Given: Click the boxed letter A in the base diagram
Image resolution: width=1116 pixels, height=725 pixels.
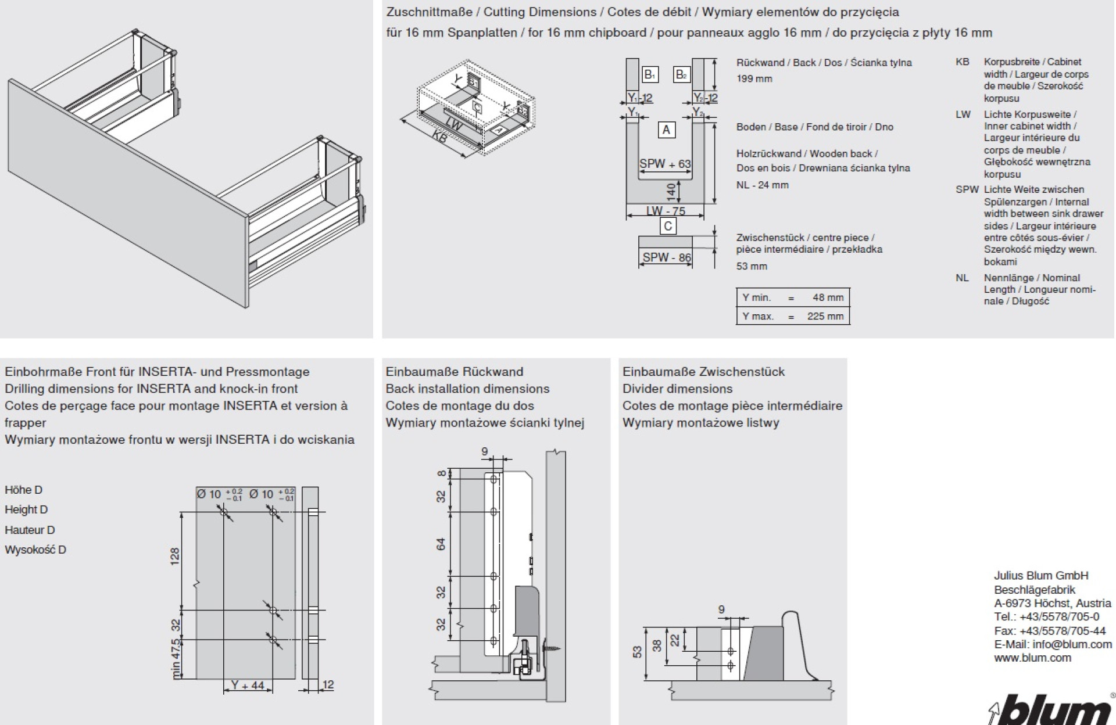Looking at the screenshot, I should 666,130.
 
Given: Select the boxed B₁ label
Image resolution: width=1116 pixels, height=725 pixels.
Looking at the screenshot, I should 650,74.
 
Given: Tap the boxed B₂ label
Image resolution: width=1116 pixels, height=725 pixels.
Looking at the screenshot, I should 681,74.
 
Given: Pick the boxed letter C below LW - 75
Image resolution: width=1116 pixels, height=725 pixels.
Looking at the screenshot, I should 668,226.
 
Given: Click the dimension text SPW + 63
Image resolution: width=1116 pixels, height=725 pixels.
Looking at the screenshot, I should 665,164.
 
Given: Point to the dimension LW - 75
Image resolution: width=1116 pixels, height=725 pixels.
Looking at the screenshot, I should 666,211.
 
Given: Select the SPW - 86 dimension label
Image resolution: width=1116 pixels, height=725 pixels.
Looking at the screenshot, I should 667,257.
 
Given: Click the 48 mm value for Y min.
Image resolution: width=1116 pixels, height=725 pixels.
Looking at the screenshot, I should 828,297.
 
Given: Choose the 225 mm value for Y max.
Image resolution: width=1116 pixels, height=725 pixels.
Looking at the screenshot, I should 825,317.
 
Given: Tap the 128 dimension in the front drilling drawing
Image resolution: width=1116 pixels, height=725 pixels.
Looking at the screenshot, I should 175,556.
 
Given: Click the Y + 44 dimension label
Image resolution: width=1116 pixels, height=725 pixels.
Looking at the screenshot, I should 247,685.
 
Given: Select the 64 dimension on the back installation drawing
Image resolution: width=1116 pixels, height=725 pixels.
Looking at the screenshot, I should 441,544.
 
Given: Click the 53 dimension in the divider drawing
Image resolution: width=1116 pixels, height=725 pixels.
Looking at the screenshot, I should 638,652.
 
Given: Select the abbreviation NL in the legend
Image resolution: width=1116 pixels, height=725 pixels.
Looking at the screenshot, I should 962,278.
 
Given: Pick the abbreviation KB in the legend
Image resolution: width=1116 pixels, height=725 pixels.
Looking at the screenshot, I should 962,62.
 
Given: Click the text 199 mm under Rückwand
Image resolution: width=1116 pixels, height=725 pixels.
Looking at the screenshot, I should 754,78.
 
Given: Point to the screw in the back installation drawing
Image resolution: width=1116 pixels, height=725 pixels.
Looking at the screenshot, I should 554,645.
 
